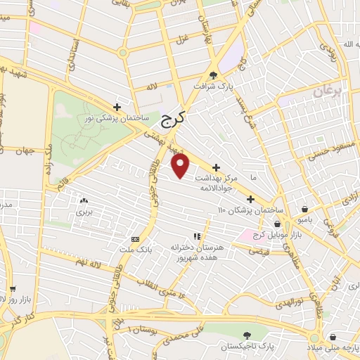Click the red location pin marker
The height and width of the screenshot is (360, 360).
click(x=181, y=166)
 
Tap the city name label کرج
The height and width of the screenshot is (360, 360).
click(x=170, y=120)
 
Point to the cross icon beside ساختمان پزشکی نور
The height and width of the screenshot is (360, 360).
click(x=117, y=107)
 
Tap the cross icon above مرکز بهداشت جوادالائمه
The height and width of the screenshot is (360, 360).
click(x=215, y=168)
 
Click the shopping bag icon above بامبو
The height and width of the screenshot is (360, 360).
click(x=304, y=209)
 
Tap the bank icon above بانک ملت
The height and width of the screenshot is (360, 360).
click(x=136, y=239)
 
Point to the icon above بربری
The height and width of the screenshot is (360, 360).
click(x=84, y=200)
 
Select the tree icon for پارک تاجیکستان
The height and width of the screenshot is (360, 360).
click(x=245, y=336)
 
